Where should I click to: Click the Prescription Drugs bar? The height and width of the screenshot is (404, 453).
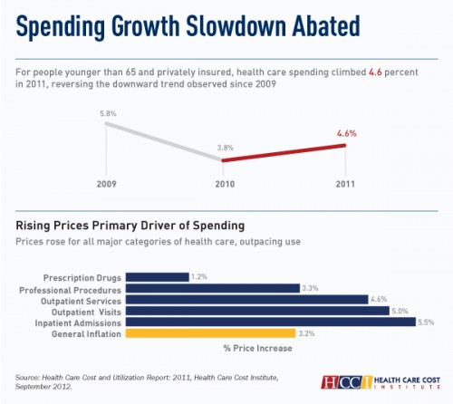click(x=158, y=277)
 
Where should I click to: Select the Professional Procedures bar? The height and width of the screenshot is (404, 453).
click(x=213, y=288)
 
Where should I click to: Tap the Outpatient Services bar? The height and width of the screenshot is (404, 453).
click(x=246, y=300)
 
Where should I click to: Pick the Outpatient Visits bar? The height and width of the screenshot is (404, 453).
click(x=257, y=311)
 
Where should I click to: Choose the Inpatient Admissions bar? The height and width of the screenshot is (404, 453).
click(x=271, y=322)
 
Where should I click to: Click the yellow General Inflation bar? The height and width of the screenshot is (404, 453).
click(x=210, y=333)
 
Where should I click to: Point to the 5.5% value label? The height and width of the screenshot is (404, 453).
click(x=426, y=322)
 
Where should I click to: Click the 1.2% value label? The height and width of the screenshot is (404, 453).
click(x=199, y=277)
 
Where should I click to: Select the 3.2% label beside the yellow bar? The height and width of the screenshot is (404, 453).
click(x=306, y=333)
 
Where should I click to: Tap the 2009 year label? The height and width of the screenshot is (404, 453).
click(x=106, y=184)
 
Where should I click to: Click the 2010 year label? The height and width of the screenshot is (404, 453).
click(x=225, y=184)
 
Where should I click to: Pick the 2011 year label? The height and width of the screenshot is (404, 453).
click(x=345, y=184)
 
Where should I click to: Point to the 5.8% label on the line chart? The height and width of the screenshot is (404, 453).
click(x=108, y=114)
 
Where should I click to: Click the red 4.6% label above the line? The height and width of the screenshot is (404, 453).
click(x=347, y=133)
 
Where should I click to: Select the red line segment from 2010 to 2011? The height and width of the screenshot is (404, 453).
click(x=284, y=153)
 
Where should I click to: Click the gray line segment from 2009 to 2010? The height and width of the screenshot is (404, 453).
click(x=164, y=141)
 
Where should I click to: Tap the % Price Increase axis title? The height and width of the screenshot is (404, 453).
click(x=258, y=348)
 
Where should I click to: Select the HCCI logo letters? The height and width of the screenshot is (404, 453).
click(x=346, y=382)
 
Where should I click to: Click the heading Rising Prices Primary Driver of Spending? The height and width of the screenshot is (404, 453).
click(x=130, y=226)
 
